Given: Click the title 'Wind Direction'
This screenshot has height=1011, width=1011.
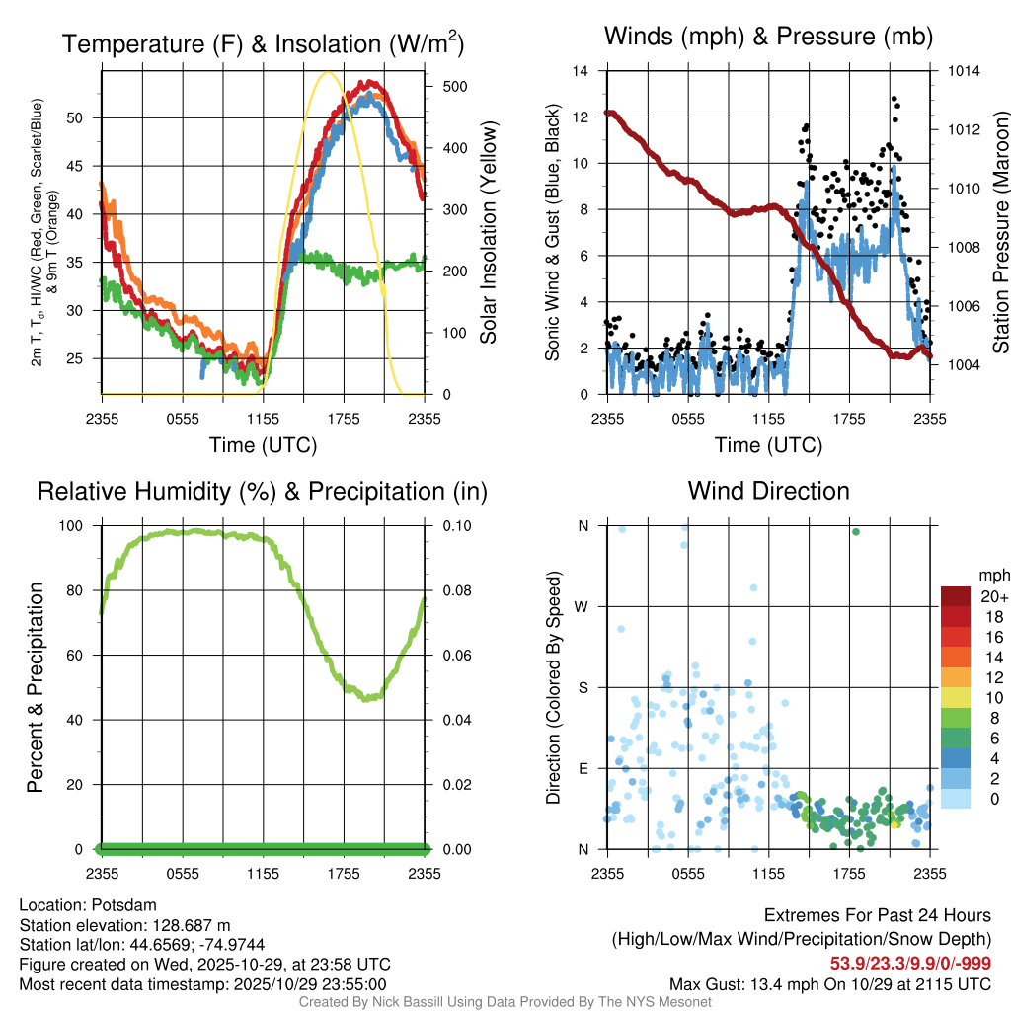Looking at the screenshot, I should [x=768, y=491].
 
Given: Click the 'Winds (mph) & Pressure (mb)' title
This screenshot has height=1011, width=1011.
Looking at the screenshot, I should [x=768, y=37].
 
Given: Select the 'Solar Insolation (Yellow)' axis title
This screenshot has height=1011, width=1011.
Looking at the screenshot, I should [x=489, y=233].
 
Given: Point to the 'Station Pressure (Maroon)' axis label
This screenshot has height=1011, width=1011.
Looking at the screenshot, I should [x=999, y=233].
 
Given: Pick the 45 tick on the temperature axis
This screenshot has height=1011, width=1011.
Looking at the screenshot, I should [x=86, y=166].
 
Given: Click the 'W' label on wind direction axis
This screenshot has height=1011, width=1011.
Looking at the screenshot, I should [x=583, y=606].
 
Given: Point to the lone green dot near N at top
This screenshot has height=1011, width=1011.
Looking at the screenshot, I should [x=855, y=532].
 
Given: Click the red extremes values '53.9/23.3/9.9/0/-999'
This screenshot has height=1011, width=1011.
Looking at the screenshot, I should [x=909, y=963].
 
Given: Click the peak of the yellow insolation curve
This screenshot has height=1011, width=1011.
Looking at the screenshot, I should [x=329, y=72].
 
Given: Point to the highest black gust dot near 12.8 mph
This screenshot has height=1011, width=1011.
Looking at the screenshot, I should [x=894, y=100].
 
